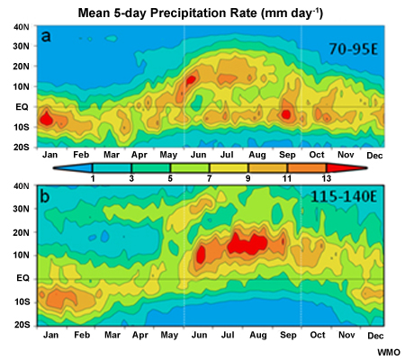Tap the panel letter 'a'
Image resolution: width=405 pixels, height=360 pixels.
pyautogui.click(x=45, y=38)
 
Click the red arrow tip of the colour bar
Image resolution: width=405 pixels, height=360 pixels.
pyautogui.click(x=365, y=167)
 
